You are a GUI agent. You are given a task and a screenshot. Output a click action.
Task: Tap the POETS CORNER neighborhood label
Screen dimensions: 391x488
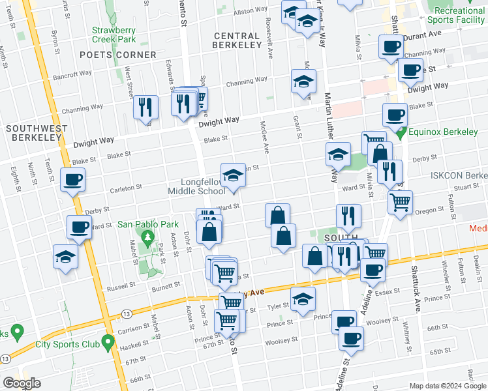coord(118,55)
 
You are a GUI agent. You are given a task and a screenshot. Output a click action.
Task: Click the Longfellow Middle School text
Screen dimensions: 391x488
coord(196,186)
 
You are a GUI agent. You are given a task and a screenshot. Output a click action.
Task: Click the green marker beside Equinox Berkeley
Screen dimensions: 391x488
coord(404,132)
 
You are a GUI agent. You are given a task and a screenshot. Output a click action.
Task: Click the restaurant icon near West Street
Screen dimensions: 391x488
coord(145,106)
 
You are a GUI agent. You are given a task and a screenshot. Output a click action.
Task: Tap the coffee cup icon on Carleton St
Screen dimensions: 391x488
coord(72,179)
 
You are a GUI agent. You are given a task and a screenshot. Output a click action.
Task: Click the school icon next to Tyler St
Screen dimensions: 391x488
coord(303,299)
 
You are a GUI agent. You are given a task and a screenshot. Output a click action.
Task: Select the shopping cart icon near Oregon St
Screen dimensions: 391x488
coord(399,201)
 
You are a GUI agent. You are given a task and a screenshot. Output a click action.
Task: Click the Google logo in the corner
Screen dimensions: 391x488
coord(22,383)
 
